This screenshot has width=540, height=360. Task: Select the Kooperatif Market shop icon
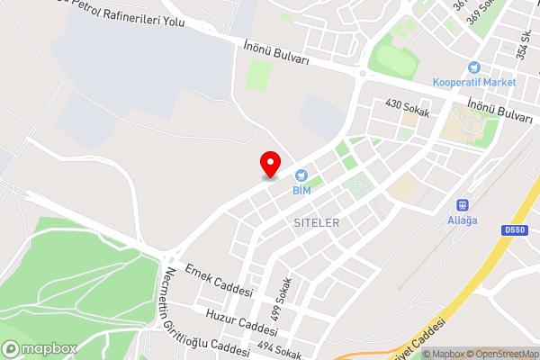point(473,67)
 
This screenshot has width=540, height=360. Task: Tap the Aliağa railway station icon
point(463,204)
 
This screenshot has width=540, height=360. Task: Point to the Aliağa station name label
point(463,219)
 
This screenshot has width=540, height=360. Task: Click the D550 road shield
point(514,230)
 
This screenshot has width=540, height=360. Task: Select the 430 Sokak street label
point(409,107)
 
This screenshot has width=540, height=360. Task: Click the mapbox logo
point(39,349)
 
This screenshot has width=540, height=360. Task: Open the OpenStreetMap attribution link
point(498,354)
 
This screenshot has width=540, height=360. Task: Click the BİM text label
point(301,191)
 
